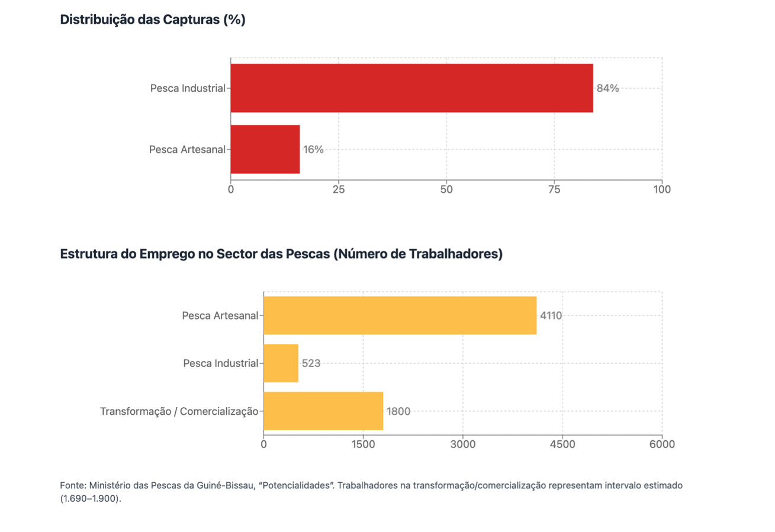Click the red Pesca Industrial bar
click(411, 88)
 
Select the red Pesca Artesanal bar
click(265, 150)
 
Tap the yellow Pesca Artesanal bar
click(400, 315)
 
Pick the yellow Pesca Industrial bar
click(281, 363)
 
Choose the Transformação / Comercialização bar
click(323, 411)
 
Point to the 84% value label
click(607, 88)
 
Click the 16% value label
click(313, 150)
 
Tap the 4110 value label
click(551, 315)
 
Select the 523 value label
click(311, 363)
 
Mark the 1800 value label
click(398, 411)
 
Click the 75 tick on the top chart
click(554, 189)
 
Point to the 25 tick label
click(339, 189)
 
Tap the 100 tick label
click(662, 189)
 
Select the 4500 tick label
click(562, 444)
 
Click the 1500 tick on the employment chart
click(364, 444)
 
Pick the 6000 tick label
click(662, 444)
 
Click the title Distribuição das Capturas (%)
click(153, 20)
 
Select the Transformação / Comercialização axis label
click(179, 411)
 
